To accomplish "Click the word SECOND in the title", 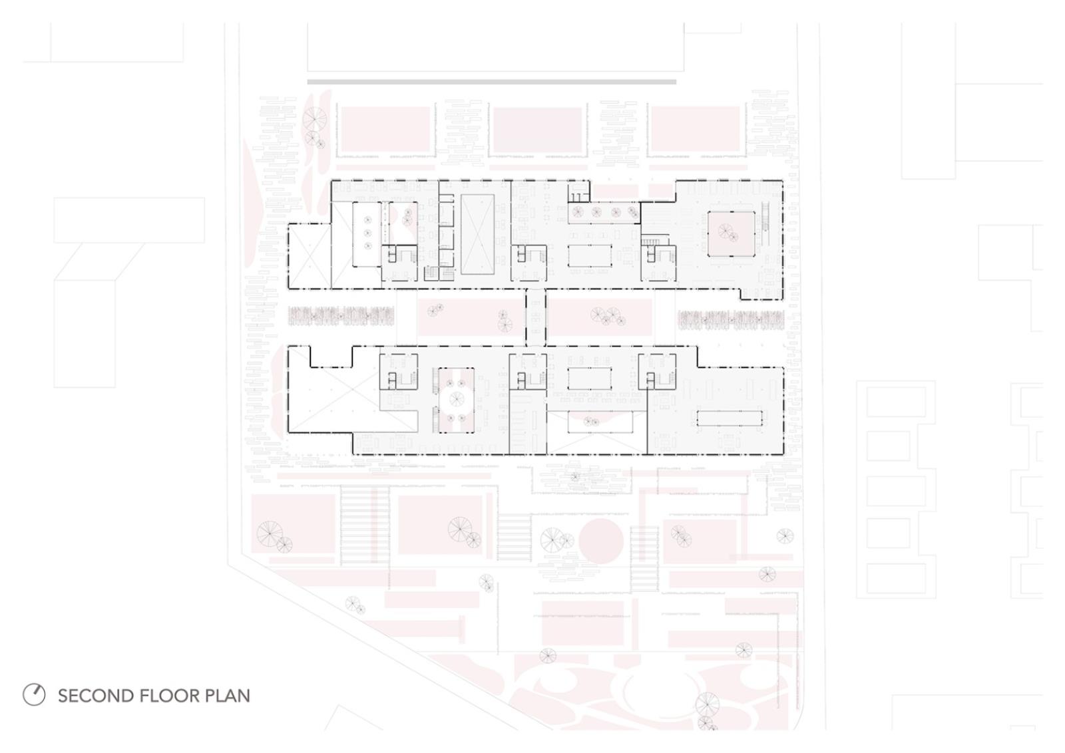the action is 96,696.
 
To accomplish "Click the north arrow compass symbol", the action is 34,696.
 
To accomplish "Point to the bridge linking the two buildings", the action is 535,317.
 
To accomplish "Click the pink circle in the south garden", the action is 601,541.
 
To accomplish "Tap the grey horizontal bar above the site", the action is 492,82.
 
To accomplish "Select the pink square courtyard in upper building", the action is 731,233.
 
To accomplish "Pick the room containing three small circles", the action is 367,233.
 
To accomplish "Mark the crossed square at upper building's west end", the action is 310,255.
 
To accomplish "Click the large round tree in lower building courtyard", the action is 457,399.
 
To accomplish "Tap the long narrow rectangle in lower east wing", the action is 730,418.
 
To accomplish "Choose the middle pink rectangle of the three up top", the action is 538,130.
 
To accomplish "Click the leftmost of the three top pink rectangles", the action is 385,129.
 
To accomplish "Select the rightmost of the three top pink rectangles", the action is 696,129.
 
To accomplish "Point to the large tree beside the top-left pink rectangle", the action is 315,118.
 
